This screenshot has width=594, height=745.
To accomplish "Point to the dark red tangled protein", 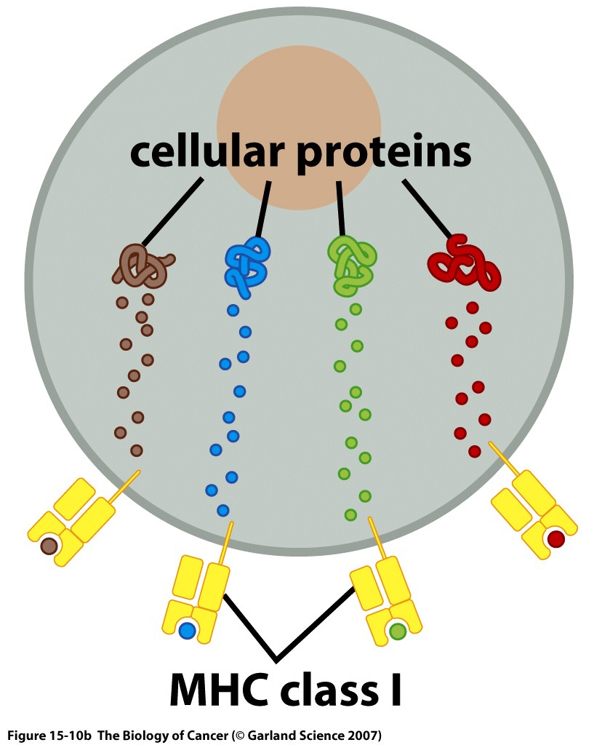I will coord(465,263).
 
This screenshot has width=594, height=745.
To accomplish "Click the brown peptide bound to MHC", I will coord(49,545).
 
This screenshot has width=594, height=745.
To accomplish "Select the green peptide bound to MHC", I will coord(397,631).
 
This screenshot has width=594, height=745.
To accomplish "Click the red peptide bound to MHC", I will coord(555,539).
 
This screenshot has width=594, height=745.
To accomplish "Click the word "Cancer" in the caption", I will coord(206,733).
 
